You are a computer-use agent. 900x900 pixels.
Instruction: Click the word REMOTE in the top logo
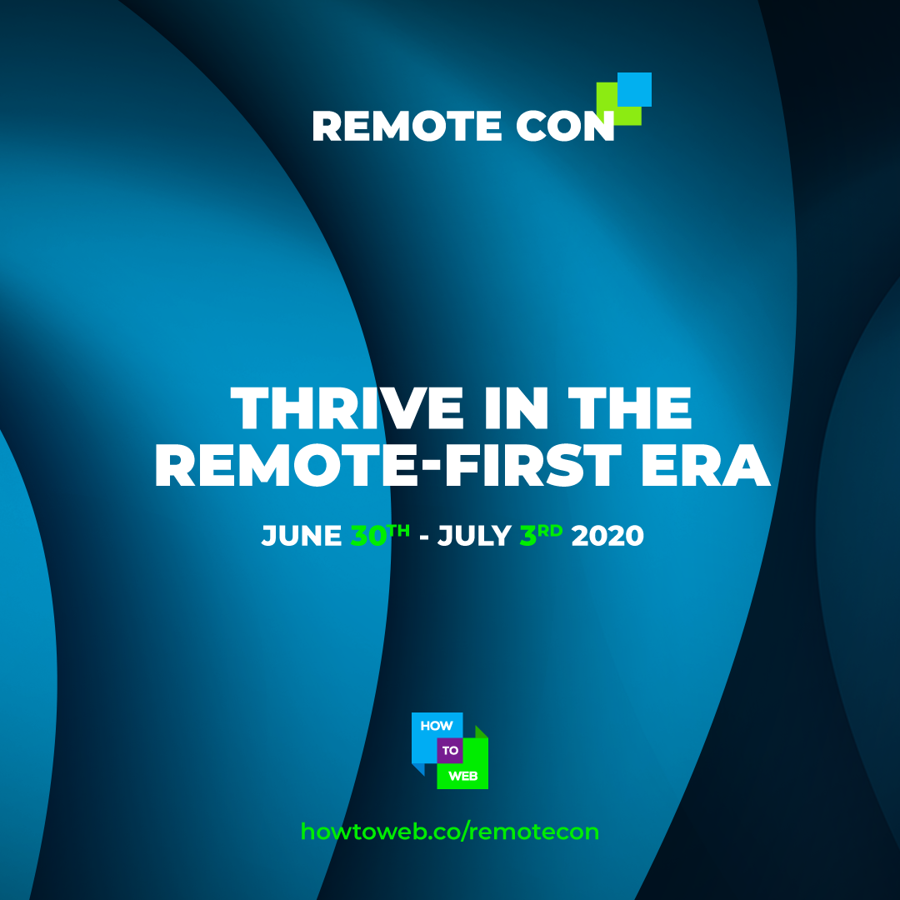407,126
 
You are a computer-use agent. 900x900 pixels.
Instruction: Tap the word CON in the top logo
565,126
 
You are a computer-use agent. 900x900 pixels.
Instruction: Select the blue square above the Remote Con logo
634,89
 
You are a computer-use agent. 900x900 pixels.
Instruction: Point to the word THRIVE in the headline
347,407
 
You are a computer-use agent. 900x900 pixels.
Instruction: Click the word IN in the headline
516,407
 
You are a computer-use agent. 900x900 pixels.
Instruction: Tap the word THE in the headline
630,407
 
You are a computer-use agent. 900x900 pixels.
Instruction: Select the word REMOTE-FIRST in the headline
388,465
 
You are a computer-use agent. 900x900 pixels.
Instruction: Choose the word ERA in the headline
706,465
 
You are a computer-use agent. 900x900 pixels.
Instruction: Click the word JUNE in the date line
302,536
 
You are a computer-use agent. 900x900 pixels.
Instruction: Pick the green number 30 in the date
368,536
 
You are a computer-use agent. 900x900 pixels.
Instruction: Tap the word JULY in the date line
474,536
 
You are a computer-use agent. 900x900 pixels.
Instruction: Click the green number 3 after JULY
527,536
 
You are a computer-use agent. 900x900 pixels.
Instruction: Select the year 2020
607,536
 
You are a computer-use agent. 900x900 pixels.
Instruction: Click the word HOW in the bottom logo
437,726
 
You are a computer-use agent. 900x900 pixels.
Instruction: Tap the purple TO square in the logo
450,750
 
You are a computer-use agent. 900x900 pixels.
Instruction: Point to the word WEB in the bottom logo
462,776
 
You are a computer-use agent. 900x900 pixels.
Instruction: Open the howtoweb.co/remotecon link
449,831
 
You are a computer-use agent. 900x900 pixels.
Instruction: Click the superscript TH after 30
399,530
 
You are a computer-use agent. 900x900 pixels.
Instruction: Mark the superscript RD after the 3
550,530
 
